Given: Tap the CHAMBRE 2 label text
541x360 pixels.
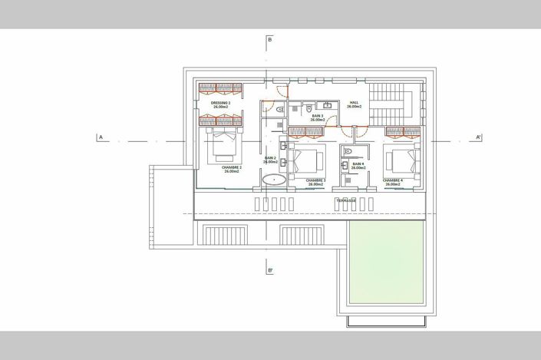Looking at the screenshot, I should [x=232, y=169].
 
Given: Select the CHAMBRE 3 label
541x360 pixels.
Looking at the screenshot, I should [x=315, y=182].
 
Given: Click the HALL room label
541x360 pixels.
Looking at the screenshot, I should [x=354, y=104].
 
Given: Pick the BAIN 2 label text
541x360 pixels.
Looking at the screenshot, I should [x=270, y=160].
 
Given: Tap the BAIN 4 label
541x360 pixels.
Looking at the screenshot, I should [x=358, y=165].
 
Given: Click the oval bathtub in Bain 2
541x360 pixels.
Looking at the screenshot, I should [x=274, y=180].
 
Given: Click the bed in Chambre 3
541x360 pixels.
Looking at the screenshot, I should [x=307, y=160].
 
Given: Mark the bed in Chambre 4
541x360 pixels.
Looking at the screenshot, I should [x=402, y=160].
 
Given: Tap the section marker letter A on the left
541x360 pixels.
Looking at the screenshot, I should [x=100, y=138].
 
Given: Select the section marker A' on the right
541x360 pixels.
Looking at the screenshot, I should [x=478, y=138].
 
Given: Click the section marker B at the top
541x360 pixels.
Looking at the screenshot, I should [x=270, y=39].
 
